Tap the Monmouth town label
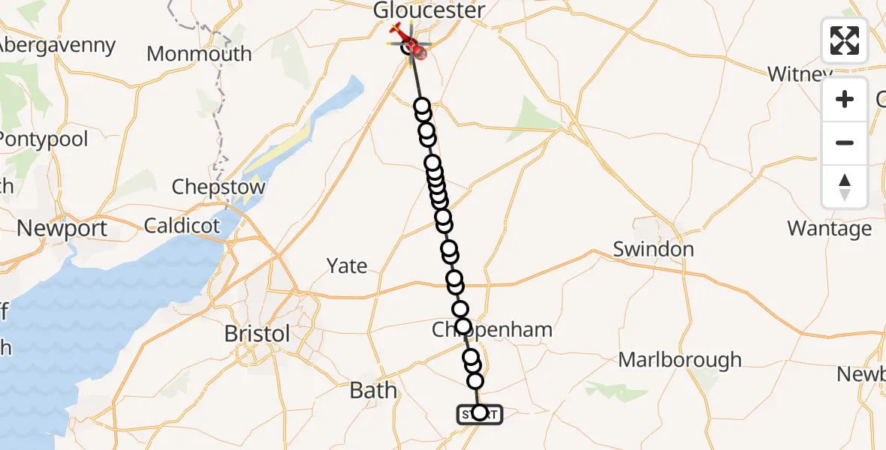(199, 54)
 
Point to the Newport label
(62, 228)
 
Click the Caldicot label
(182, 225)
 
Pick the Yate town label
(347, 265)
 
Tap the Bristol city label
(258, 334)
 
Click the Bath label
(373, 390)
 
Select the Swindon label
(652, 249)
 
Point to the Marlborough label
(680, 360)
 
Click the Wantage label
(829, 228)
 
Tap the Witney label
(799, 74)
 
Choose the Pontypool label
(44, 139)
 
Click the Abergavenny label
(56, 45)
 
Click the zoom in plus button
(845, 99)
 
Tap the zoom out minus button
(845, 142)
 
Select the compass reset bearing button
(845, 186)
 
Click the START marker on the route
(479, 413)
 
